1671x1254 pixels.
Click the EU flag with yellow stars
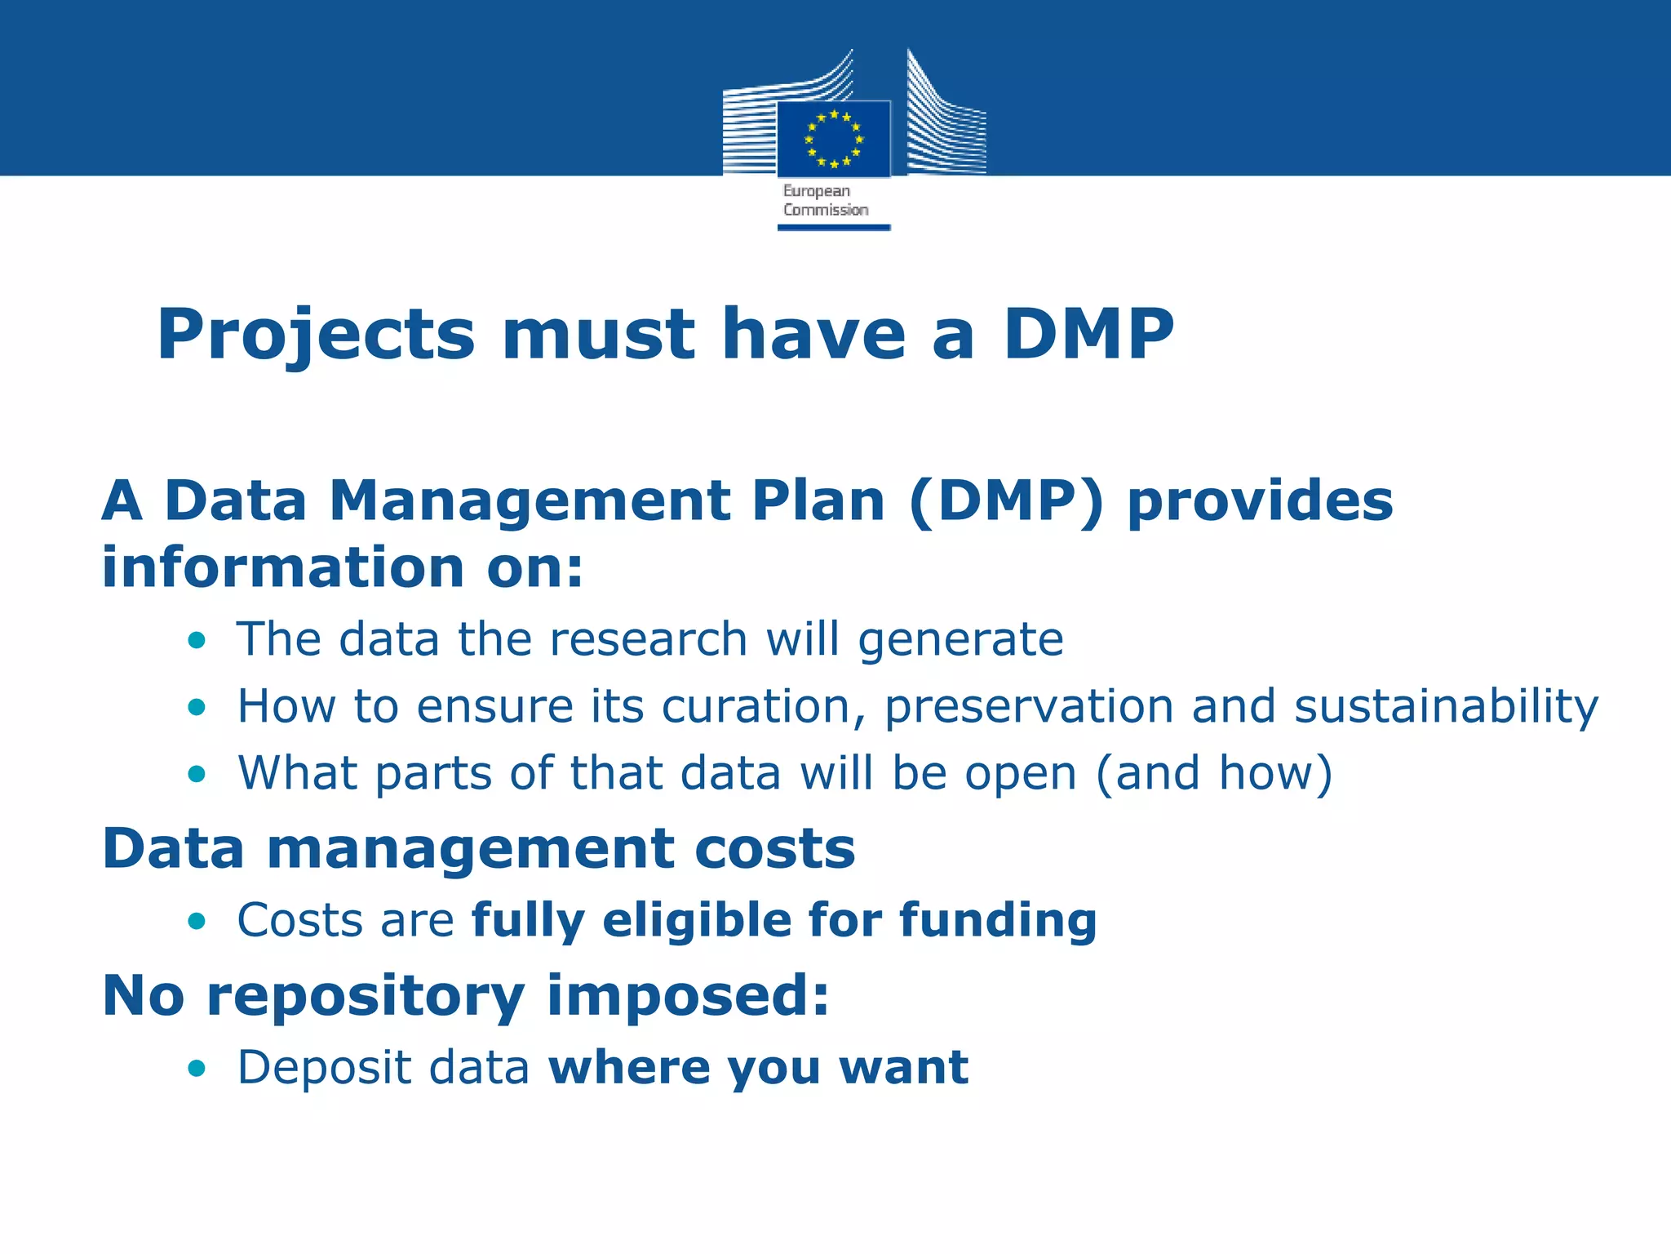coord(833,139)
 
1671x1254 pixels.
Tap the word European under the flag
coord(817,191)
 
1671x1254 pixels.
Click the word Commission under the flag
coord(826,210)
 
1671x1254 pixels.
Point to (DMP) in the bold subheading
coord(1006,500)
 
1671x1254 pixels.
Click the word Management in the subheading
coord(530,500)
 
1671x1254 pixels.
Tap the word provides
coord(1260,502)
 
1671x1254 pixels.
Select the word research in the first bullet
coord(649,638)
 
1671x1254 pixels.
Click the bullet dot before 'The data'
coord(197,640)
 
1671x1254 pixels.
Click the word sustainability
coord(1447,707)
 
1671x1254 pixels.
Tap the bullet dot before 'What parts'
coord(197,774)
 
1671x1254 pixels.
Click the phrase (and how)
coord(1214,774)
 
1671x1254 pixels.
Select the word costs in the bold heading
coord(774,849)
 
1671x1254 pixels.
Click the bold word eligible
coord(697,921)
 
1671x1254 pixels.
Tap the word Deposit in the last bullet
coord(324,1068)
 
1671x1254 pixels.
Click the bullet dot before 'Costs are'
coord(197,922)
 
